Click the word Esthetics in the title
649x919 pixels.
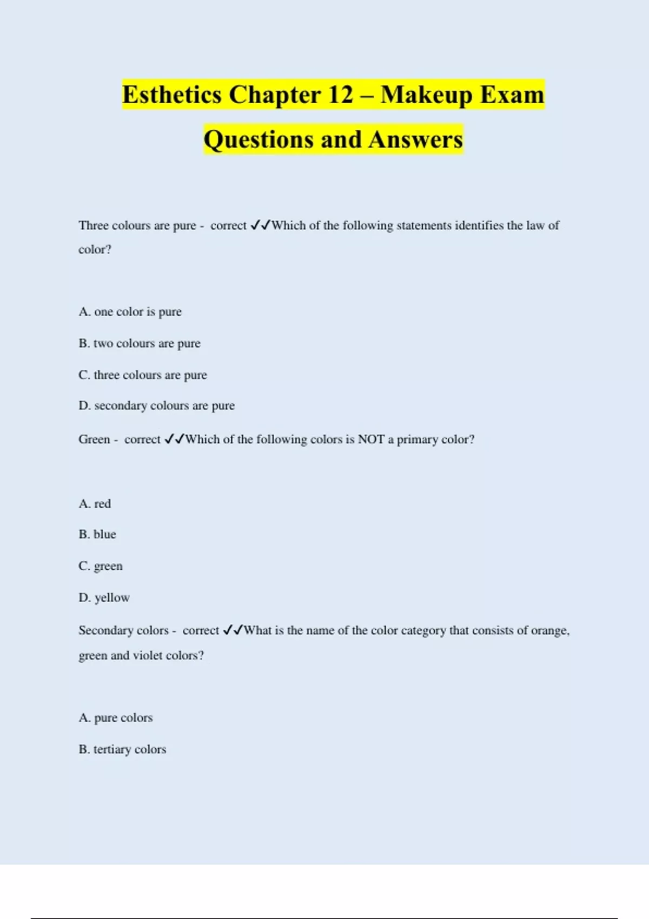point(172,95)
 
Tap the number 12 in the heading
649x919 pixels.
point(340,95)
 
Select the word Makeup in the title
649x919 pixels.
point(426,95)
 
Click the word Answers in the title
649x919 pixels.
point(416,139)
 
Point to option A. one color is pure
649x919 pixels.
point(130,312)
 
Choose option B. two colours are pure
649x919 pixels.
point(140,343)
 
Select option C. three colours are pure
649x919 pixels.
point(143,375)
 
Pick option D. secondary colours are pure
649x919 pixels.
point(156,405)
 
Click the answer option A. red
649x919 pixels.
point(95,504)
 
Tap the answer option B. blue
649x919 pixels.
point(97,535)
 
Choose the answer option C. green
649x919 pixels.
point(101,566)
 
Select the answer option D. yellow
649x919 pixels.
point(104,598)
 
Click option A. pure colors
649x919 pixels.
point(116,718)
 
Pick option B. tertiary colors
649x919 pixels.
point(122,749)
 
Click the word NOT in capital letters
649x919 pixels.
point(371,439)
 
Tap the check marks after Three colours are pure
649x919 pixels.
point(261,225)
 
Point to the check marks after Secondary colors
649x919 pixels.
point(233,630)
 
